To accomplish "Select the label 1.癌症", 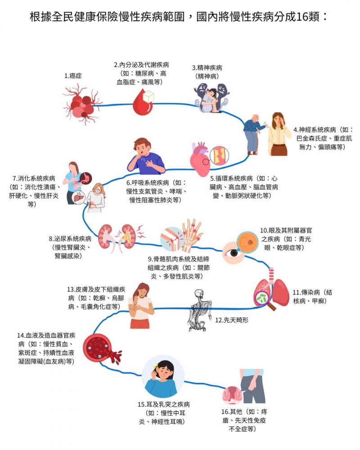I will tap(73, 76).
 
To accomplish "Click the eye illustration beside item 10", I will tap(234, 253).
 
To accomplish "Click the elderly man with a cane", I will tap(253, 134).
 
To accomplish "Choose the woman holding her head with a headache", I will tap(279, 133).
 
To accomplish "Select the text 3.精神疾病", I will tap(207, 68).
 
